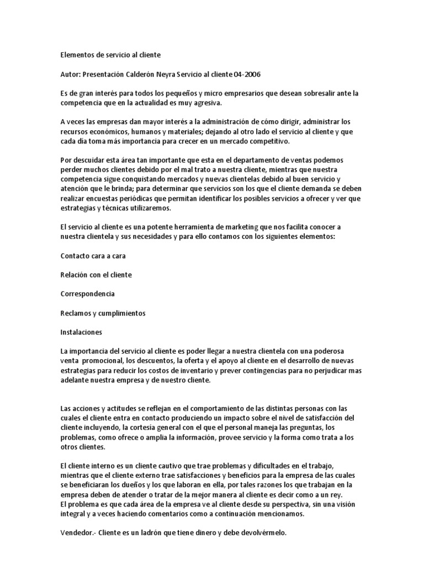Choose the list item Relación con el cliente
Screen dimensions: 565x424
(x=96, y=274)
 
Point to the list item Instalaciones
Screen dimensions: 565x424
(x=81, y=332)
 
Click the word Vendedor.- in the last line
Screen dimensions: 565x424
(x=77, y=534)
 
